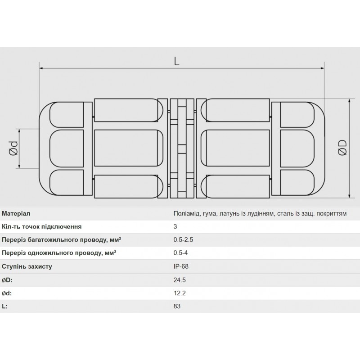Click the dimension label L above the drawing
tap(176, 62)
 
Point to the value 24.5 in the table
tap(180, 279)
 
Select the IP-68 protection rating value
tap(181, 266)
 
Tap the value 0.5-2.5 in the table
tap(183, 240)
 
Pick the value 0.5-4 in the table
tap(181, 253)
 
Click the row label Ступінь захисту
tap(27, 266)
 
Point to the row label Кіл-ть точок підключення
tap(42, 227)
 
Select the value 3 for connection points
tap(175, 227)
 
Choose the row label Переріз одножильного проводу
tap(59, 253)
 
